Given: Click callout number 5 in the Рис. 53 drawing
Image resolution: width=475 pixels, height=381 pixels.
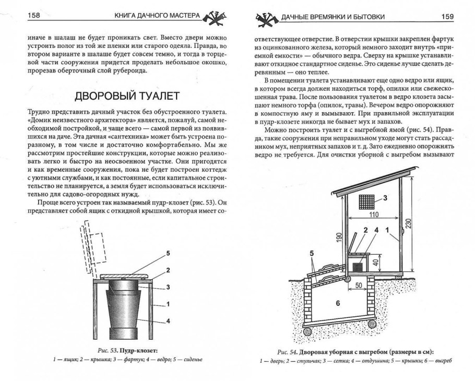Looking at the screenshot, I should (168, 253).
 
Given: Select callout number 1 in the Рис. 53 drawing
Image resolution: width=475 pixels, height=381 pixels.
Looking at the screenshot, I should (168, 303).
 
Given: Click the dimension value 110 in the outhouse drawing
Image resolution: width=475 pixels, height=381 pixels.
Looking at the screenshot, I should (372, 215).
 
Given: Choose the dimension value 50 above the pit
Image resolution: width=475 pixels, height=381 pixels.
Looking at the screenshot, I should (359, 286).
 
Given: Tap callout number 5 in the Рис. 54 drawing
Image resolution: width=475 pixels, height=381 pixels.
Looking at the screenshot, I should (312, 254).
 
